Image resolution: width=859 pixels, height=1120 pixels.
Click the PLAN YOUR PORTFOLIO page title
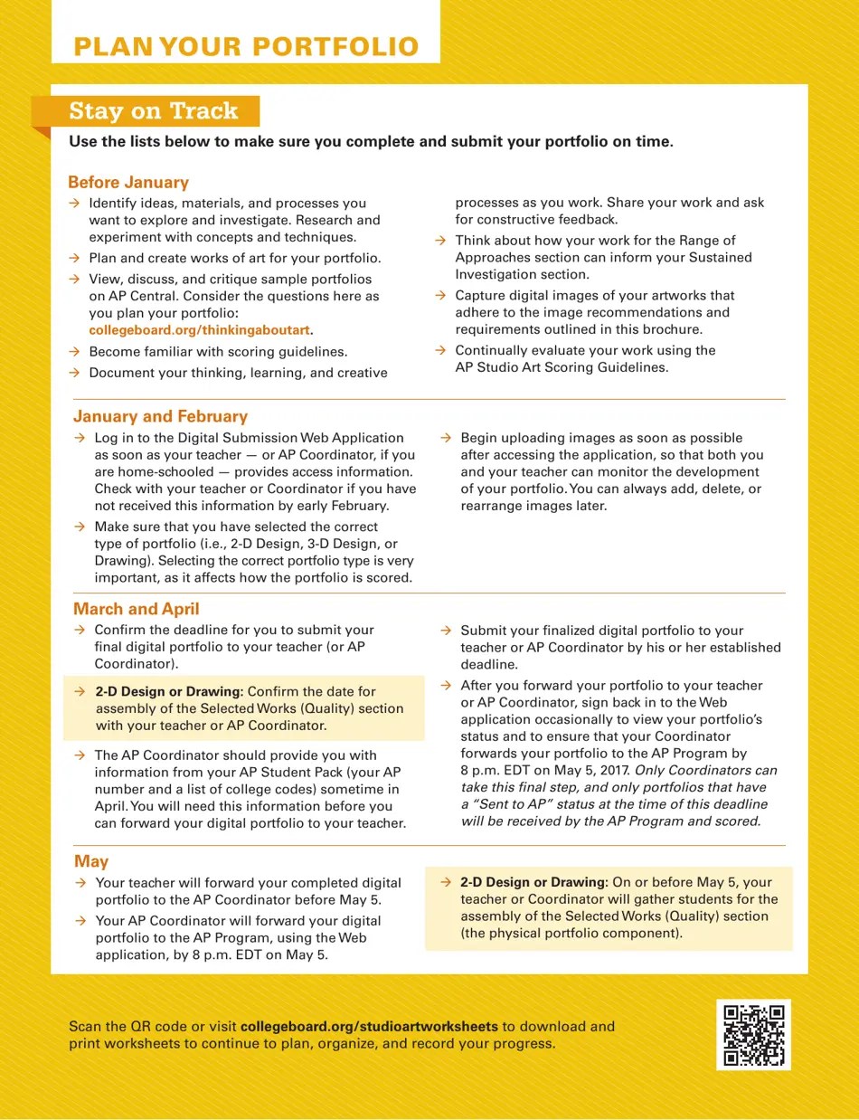pyautogui.click(x=246, y=47)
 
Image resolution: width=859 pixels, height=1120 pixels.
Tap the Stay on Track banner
pyautogui.click(x=153, y=111)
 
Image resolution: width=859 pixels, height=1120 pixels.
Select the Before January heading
pyautogui.click(x=128, y=183)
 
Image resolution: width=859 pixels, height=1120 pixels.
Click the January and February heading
pyautogui.click(x=160, y=417)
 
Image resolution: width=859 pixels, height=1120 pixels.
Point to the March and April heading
pyautogui.click(x=137, y=610)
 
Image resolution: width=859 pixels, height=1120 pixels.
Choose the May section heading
pyautogui.click(x=91, y=862)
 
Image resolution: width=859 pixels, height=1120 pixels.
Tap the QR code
pyautogui.click(x=753, y=1034)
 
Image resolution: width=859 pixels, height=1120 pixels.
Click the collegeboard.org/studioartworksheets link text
pyautogui.click(x=369, y=1027)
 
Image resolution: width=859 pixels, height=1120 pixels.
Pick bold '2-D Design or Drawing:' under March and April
pyautogui.click(x=169, y=692)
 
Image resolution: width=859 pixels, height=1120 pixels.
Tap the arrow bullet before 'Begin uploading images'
pyautogui.click(x=446, y=438)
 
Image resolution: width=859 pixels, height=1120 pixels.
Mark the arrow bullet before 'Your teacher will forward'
pyautogui.click(x=80, y=883)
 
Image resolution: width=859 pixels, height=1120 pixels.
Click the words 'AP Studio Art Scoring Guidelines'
pyautogui.click(x=561, y=367)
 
